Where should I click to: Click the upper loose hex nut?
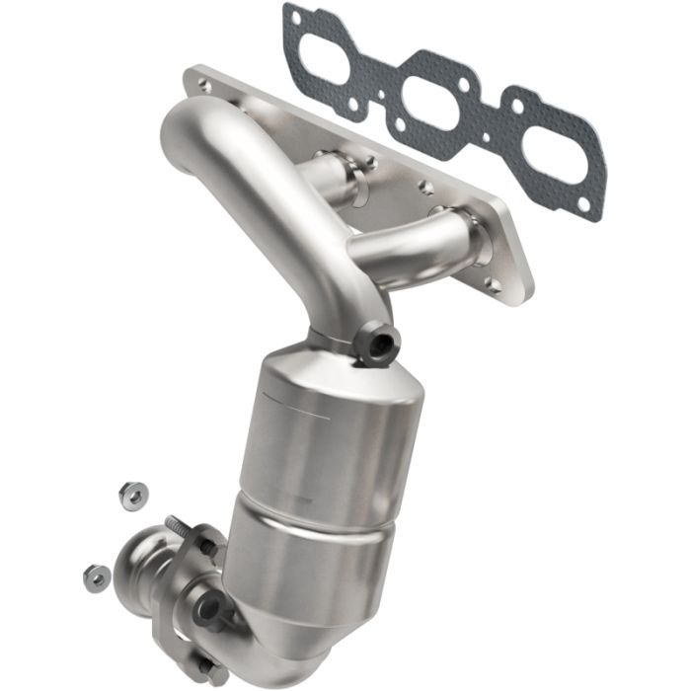coord(130,494)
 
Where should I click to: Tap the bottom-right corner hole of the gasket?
coord(584,204)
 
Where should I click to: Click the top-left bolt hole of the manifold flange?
coord(203,85)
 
